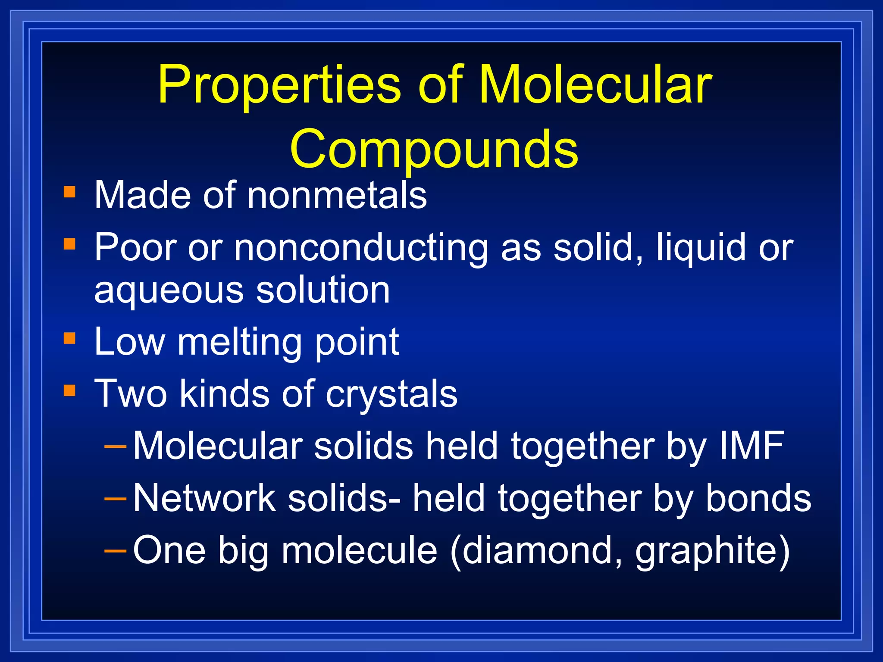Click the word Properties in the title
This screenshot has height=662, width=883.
tap(280, 84)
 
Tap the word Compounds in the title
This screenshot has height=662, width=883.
tap(434, 149)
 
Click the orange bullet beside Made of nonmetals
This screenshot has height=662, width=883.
tap(69, 191)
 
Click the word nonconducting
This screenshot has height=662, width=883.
tap(361, 247)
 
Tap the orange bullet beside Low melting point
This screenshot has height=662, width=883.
tap(69, 338)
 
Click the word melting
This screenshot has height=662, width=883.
tap(239, 342)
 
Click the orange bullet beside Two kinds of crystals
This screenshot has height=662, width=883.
tap(69, 390)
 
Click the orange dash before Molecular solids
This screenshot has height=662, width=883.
tap(116, 447)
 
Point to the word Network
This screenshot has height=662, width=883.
tap(204, 498)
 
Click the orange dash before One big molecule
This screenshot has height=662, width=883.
tap(116, 551)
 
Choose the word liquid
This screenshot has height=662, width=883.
tap(701, 248)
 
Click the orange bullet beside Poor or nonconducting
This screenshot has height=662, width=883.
tap(69, 244)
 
